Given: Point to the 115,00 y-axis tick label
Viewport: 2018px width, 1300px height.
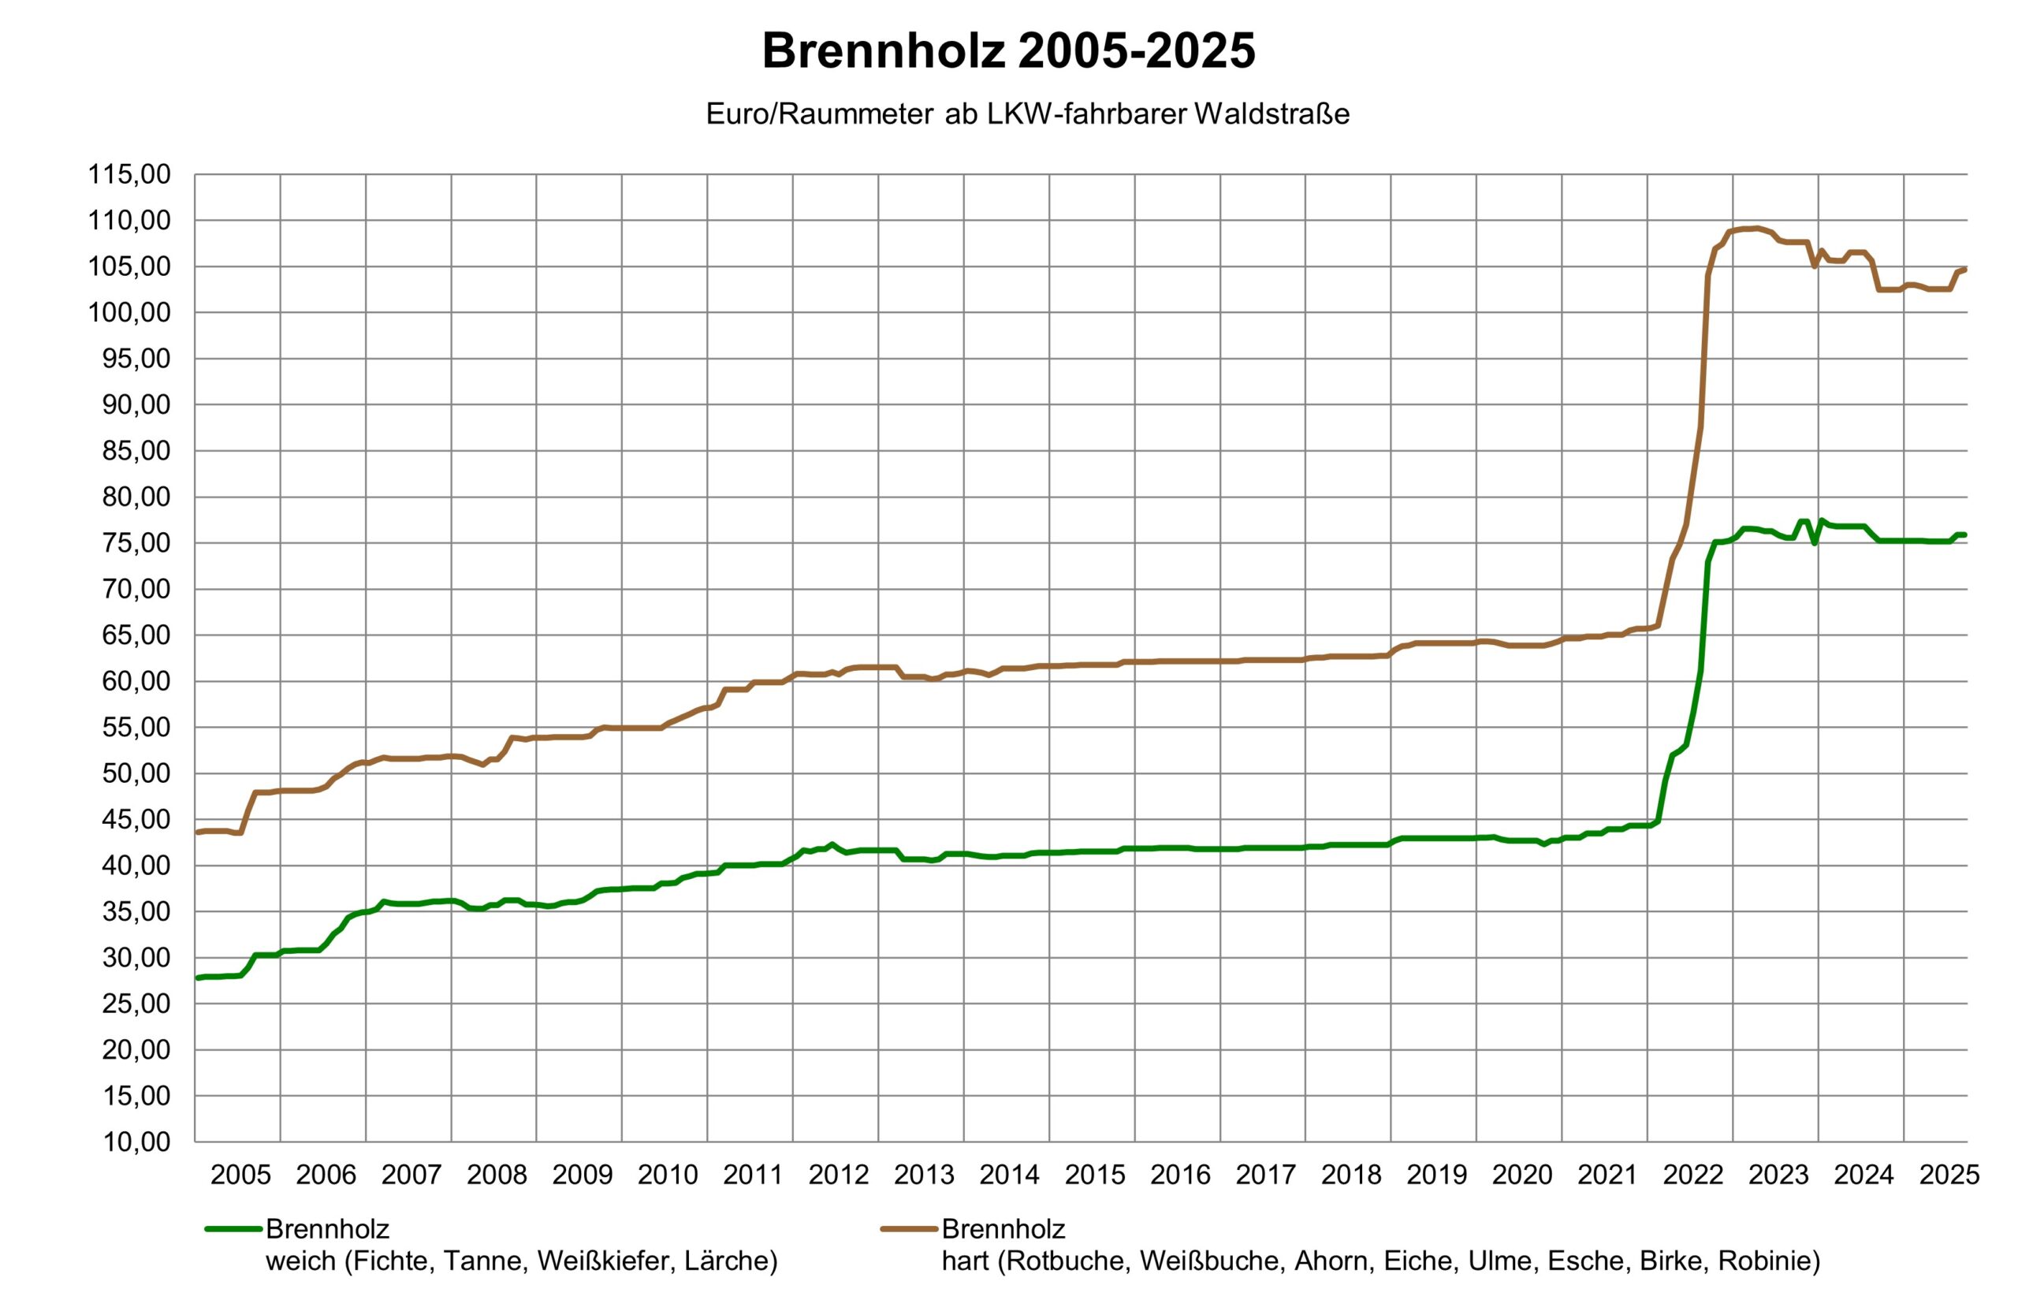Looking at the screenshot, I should coord(129,175).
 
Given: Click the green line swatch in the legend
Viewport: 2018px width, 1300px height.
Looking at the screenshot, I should coord(233,1229).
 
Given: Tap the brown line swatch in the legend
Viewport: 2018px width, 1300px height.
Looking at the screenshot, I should coord(909,1229).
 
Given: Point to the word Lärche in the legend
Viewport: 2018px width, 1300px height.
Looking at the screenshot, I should coord(730,1261).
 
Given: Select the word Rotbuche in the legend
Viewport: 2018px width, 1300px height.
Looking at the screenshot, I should coord(1067,1261).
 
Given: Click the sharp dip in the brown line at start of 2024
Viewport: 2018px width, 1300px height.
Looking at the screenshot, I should coord(1814,266).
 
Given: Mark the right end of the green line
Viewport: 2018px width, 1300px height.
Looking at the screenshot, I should coord(1966,535).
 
